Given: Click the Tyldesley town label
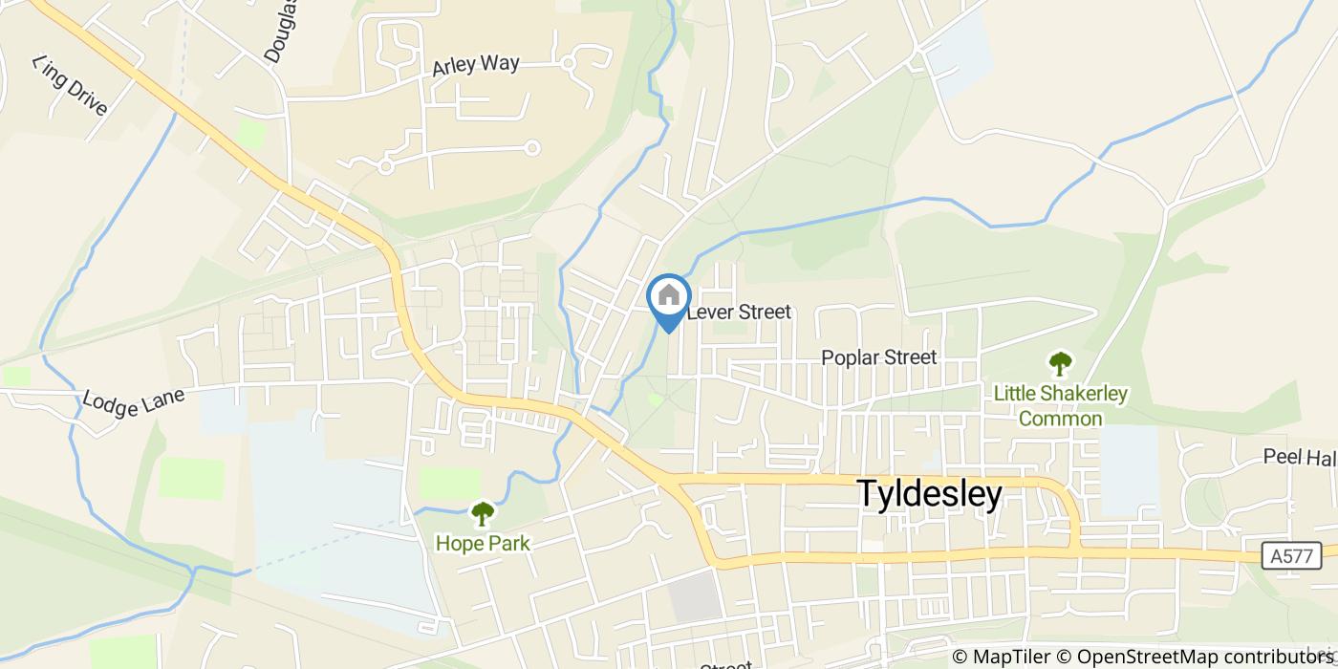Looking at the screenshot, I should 929,494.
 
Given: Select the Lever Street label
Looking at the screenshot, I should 739,312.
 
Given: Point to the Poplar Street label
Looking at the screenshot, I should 879,357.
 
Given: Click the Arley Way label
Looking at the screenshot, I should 475,66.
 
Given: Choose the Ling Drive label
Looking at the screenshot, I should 70,85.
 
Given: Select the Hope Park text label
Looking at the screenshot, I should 483,543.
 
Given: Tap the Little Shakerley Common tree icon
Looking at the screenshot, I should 1060,363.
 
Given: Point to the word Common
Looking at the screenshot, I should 1060,419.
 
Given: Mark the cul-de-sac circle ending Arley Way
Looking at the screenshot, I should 568,63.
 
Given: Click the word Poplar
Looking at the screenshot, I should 850,357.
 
